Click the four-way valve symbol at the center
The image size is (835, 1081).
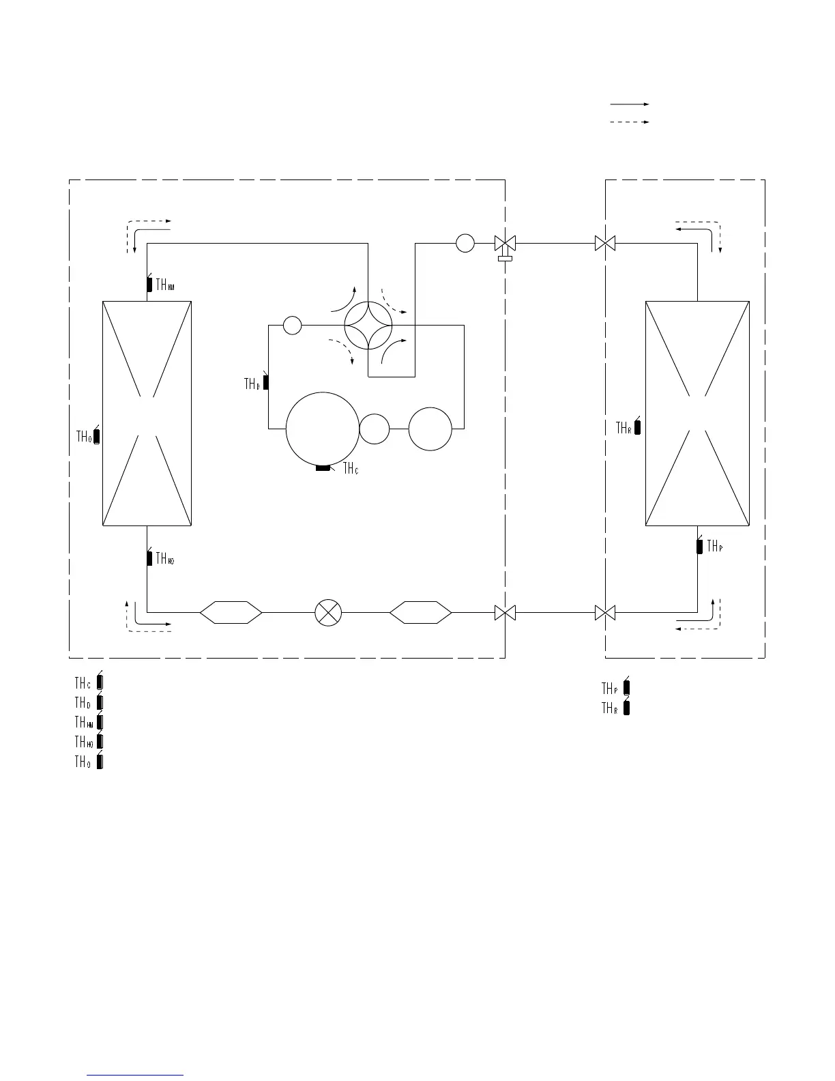pyautogui.click(x=368, y=326)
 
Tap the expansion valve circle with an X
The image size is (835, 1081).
pyautogui.click(x=328, y=612)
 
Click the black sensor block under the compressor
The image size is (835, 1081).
pyautogui.click(x=323, y=467)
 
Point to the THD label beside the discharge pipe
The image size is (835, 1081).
pyautogui.click(x=252, y=384)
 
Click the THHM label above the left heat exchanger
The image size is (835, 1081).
pyautogui.click(x=165, y=285)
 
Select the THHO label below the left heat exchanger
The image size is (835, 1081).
pyautogui.click(x=165, y=559)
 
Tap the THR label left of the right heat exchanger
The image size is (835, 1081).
pyautogui.click(x=623, y=428)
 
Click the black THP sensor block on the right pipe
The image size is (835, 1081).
pyautogui.click(x=699, y=546)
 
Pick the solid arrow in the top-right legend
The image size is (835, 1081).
pyautogui.click(x=629, y=104)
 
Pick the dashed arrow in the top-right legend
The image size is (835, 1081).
pyautogui.click(x=629, y=122)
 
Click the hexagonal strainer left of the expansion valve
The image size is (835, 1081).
pyautogui.click(x=231, y=612)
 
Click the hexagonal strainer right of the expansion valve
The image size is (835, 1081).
pyautogui.click(x=420, y=612)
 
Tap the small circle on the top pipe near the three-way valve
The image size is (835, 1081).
pyautogui.click(x=465, y=243)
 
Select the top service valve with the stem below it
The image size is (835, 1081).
pyautogui.click(x=505, y=244)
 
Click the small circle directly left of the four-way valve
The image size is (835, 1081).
pyautogui.click(x=292, y=326)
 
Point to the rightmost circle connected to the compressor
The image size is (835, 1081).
pyautogui.click(x=430, y=429)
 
